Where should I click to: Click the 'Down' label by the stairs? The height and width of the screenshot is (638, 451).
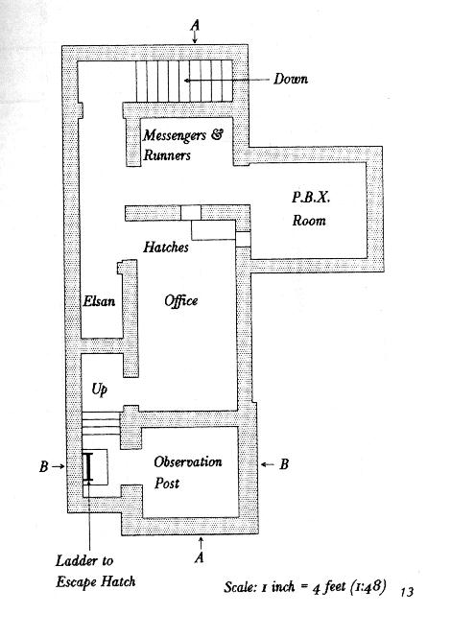pos(290,79)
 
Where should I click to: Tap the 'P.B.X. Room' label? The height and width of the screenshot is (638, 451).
pos(310,209)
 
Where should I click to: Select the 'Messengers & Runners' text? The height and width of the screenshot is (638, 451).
pos(182,145)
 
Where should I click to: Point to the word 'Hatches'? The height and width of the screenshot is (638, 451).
pos(166,247)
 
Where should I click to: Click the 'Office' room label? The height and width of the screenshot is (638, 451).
pos(181,300)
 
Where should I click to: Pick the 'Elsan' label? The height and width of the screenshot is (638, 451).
pos(99,301)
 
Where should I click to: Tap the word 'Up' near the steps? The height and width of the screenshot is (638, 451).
pos(100,389)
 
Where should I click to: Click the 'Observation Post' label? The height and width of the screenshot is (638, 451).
pos(188,472)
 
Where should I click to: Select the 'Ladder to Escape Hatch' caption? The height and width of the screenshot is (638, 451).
pos(96,571)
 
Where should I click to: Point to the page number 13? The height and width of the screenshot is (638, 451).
pos(407,592)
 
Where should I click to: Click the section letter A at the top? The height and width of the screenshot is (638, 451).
pos(195,25)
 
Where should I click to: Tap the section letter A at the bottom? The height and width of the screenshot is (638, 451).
pos(199,557)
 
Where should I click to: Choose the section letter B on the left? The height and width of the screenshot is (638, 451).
pos(44,466)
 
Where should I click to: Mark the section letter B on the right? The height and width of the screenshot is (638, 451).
pos(284,464)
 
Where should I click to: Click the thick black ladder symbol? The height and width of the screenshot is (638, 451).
pos(88,467)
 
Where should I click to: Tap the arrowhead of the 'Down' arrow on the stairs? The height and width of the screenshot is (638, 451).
pos(186,81)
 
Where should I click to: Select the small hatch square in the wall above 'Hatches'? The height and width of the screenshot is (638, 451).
pos(191,213)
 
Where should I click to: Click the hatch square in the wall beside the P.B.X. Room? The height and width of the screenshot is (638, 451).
pos(243,239)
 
